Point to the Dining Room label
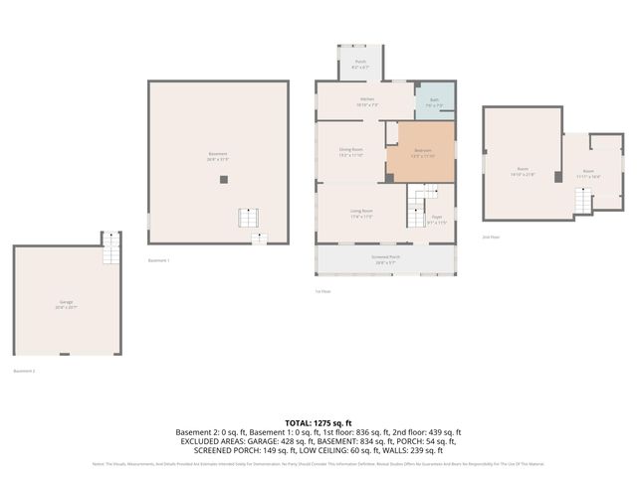point(350,152)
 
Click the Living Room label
point(360,213)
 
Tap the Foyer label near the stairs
point(436,219)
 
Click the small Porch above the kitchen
point(360,64)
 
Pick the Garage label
point(66,303)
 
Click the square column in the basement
point(224,180)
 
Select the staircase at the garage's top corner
point(112,250)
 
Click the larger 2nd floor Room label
point(523,173)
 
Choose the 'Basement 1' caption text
point(159,260)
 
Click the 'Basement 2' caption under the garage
point(24,371)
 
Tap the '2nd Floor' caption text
point(491,238)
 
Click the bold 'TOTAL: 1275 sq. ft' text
point(318,422)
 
